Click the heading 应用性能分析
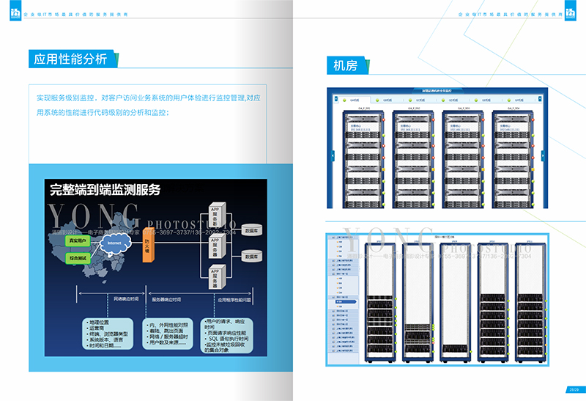click(x=70, y=59)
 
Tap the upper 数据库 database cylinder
click(x=251, y=229)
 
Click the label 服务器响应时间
click(x=166, y=300)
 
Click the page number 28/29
click(x=574, y=389)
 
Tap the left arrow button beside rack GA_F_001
click(x=332, y=155)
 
